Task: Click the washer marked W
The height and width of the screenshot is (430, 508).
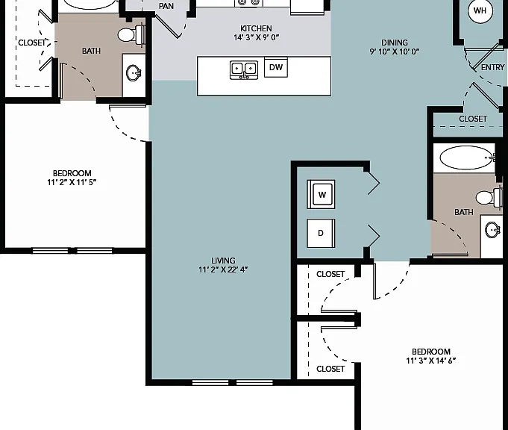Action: (321, 194)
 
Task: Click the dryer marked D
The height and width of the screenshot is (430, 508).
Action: (321, 233)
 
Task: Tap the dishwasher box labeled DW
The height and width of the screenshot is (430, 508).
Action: (276, 67)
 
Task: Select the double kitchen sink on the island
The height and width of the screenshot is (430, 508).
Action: (244, 69)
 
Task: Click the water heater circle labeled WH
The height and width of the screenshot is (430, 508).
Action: (480, 10)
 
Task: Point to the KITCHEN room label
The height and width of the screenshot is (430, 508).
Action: (256, 28)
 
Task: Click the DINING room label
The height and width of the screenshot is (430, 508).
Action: (395, 43)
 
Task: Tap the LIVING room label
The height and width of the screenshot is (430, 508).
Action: (223, 261)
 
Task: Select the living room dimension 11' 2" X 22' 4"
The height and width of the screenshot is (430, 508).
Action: (223, 269)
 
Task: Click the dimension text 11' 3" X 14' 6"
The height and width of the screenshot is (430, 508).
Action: (431, 361)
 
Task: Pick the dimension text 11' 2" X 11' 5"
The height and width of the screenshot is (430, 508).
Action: (72, 182)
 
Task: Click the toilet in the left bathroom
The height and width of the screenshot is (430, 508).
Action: (131, 34)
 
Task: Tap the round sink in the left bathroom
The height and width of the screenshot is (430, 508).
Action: (134, 73)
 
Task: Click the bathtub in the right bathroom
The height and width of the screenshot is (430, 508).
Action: (467, 158)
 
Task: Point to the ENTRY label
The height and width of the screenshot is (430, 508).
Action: (493, 67)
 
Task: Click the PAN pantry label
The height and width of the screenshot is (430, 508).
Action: (166, 6)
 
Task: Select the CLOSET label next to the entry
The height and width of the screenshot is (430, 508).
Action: (473, 119)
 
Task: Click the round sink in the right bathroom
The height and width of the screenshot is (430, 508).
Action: (492, 230)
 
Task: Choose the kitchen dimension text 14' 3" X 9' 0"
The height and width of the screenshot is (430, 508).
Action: (256, 37)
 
